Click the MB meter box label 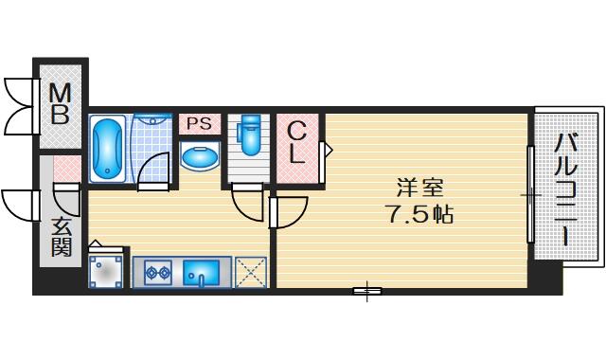click(61, 104)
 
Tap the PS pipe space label click(200, 123)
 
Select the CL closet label click(297, 142)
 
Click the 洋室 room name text click(420, 189)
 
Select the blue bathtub click(107, 149)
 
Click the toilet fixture click(249, 135)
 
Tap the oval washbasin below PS click(200, 156)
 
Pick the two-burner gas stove click(158, 273)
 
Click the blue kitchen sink click(201, 273)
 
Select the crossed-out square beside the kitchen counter click(251, 273)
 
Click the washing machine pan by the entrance click(105, 272)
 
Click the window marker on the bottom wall click(367, 291)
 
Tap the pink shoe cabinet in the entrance click(67, 169)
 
